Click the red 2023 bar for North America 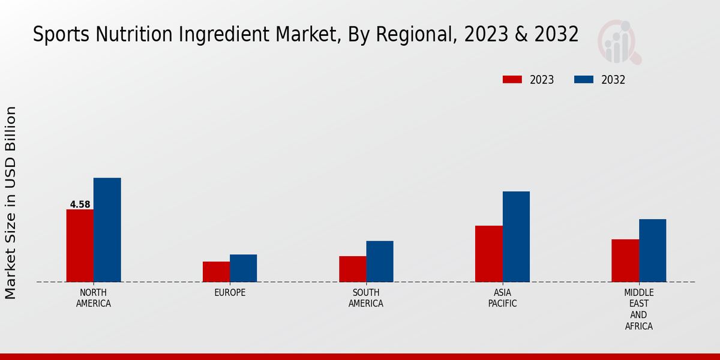(80, 245)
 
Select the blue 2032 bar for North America (107, 230)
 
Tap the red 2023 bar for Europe (216, 272)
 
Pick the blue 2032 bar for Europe (243, 268)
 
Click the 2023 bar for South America (352, 269)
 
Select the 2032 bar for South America (380, 262)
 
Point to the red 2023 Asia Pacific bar (488, 254)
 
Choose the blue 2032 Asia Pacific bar (516, 236)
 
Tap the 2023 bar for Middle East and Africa (625, 260)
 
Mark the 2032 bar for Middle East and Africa (652, 250)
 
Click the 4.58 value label (80, 205)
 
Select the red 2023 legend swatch (512, 80)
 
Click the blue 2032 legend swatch (584, 80)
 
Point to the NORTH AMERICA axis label (94, 298)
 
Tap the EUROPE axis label (230, 293)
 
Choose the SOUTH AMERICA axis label (366, 298)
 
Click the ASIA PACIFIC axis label (502, 298)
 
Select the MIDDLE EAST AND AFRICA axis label (638, 310)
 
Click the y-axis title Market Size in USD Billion (11, 203)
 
